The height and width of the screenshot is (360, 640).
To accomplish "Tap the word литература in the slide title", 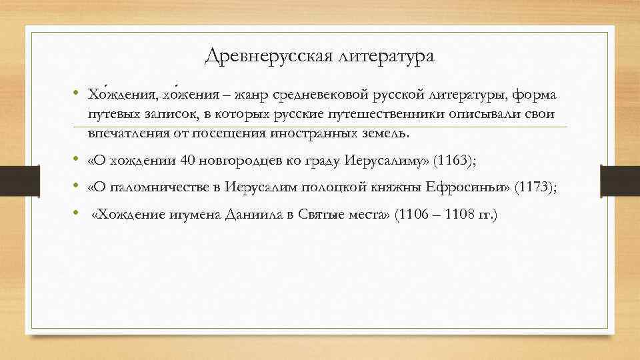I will coord(386,57).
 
